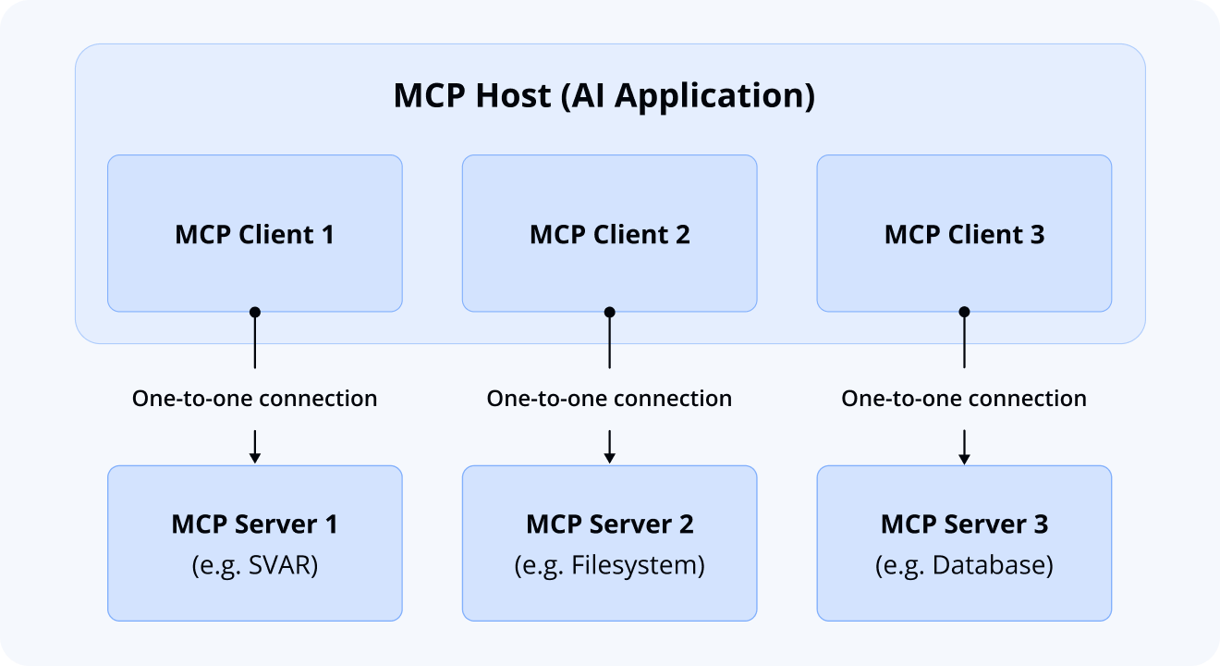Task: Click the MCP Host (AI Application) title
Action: [604, 96]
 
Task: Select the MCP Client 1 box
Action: [255, 233]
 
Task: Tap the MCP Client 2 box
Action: [609, 233]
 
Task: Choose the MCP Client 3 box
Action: [964, 233]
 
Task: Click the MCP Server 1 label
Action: [255, 524]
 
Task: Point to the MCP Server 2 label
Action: [609, 524]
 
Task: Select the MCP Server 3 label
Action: [964, 524]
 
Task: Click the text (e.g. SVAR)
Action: [255, 565]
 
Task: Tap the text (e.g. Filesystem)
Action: [609, 565]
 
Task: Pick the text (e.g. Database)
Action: [964, 565]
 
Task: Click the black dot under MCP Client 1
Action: [255, 313]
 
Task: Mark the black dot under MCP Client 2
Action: [609, 313]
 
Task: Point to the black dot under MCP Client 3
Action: [964, 313]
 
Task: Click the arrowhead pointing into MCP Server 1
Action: [255, 457]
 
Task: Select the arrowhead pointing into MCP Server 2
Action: [609, 457]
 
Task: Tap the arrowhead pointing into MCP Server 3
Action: [964, 457]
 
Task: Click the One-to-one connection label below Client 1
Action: [255, 399]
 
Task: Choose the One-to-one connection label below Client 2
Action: [609, 399]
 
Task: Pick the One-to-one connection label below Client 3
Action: [964, 399]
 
